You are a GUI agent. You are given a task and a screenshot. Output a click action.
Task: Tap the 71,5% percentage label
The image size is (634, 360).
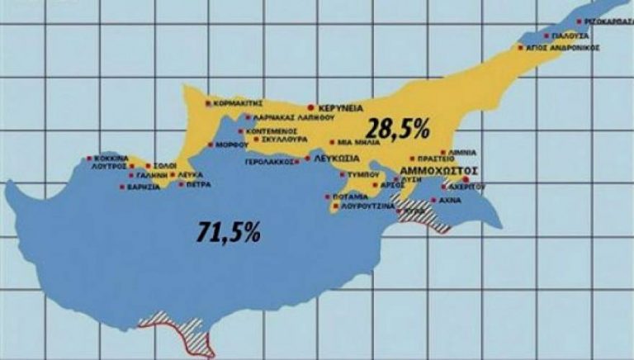229,231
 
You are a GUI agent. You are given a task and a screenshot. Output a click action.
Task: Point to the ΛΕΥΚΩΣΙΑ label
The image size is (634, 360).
338,158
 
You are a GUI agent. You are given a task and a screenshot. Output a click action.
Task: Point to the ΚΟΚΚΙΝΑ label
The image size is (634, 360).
110,158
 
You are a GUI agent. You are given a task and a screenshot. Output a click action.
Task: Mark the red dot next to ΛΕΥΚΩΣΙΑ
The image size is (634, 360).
308,158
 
